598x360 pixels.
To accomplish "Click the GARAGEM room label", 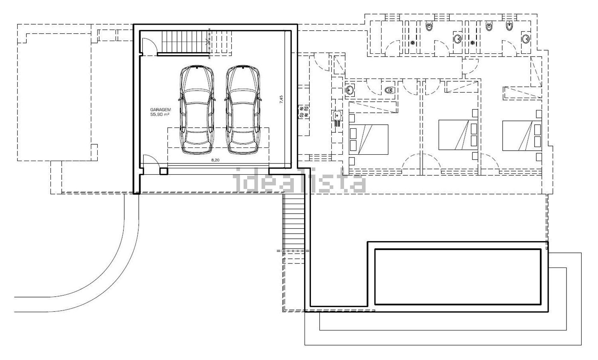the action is [x=160, y=110].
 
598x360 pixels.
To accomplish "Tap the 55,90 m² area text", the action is [x=160, y=114].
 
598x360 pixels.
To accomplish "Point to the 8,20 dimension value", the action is [x=215, y=160].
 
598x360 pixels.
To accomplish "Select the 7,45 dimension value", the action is [x=281, y=99].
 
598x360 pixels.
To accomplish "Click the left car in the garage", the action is [x=197, y=110].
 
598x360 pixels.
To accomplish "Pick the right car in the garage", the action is [x=243, y=110].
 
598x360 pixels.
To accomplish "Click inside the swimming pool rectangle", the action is [x=458, y=277].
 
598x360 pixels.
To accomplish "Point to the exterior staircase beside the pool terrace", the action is [x=294, y=222].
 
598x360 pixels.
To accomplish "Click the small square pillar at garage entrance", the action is [x=163, y=171].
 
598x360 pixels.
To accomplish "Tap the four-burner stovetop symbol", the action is [x=303, y=112].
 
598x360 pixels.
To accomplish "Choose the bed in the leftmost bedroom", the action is [x=368, y=140].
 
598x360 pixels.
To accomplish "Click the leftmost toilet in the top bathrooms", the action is [x=429, y=26].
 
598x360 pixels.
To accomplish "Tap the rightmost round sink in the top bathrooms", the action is [x=526, y=39].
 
